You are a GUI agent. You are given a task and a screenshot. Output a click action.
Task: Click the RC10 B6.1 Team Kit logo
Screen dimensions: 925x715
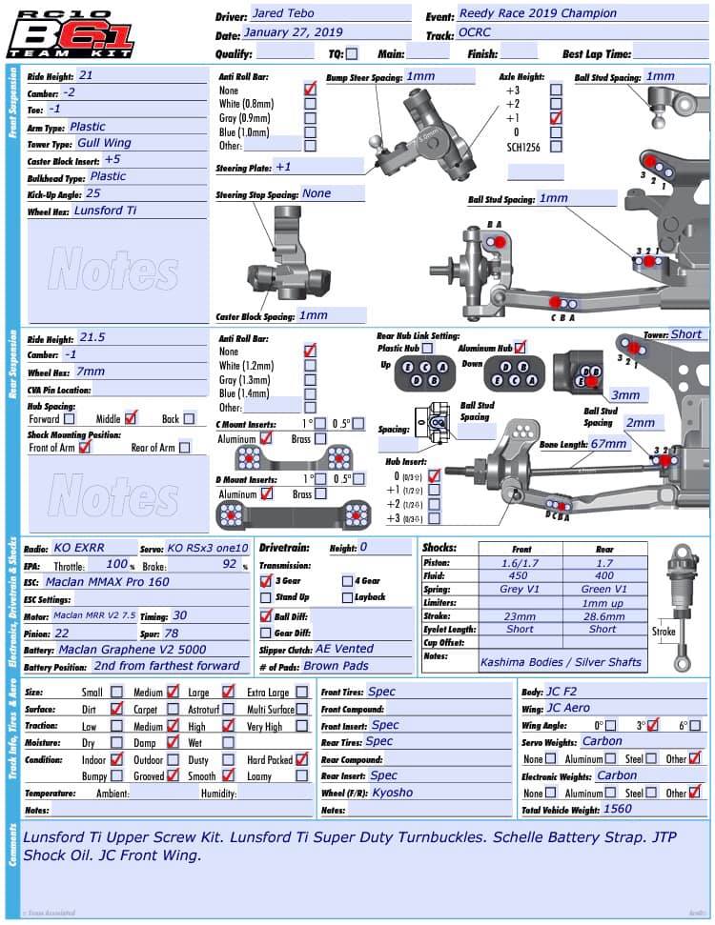pos(71,33)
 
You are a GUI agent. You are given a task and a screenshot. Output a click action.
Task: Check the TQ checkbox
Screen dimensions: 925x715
pos(353,54)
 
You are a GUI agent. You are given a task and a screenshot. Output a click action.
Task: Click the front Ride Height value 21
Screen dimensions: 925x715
pos(87,74)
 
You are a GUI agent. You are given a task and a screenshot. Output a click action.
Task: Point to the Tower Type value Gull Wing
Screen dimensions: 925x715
pos(105,143)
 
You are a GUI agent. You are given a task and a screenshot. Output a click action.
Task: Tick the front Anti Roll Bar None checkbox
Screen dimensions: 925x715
pos(310,89)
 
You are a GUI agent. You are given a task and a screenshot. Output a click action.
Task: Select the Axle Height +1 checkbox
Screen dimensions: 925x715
pos(556,118)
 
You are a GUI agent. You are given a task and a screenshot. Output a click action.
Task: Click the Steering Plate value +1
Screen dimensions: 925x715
pos(283,167)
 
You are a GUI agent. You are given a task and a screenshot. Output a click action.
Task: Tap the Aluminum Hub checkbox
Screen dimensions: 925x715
pos(520,348)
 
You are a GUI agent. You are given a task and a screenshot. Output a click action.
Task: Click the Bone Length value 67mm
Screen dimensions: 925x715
pos(609,444)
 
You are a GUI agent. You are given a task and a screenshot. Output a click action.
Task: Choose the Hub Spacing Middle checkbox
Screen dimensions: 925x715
pos(132,417)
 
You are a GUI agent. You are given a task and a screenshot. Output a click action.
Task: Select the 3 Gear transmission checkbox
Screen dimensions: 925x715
pos(266,579)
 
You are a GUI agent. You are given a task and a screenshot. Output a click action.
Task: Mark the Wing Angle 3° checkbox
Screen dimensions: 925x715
pos(652,726)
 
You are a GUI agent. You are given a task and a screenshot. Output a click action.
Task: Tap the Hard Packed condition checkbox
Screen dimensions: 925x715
pos(301,759)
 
